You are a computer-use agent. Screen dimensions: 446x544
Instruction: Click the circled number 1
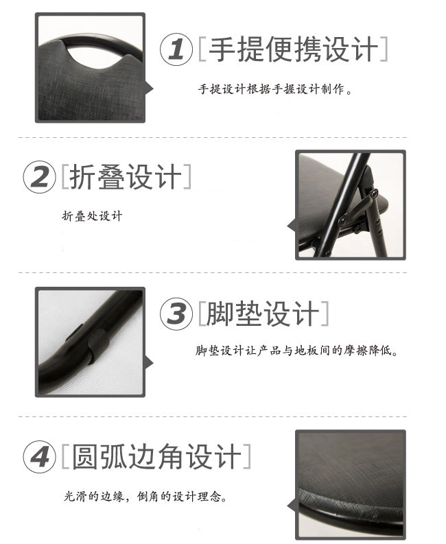coord(176,49)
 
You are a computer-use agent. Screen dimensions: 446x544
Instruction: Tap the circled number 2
coord(39,177)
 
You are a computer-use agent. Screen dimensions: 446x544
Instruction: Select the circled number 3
coord(176,314)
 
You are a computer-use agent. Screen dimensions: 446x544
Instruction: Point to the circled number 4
coord(39,457)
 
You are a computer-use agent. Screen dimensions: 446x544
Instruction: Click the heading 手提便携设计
coord(294,49)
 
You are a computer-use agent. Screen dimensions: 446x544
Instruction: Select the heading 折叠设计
coord(126,176)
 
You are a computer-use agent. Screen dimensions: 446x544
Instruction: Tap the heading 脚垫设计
coord(263,314)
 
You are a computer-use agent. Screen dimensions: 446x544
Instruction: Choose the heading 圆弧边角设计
coord(156,457)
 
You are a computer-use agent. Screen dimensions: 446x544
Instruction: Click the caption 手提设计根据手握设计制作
coord(276,89)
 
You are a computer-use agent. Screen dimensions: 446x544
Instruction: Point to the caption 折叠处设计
coord(93,216)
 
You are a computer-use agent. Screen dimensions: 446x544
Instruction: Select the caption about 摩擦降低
coord(296,351)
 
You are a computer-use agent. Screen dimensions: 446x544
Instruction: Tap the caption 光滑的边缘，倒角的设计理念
coord(145,497)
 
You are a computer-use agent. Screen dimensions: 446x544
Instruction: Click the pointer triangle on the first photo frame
coord(150,88)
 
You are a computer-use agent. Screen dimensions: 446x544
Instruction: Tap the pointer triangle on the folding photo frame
coord(292,226)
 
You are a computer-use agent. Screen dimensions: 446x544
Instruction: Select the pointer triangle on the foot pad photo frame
coord(150,364)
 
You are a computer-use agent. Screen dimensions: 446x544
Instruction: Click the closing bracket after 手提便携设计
coord(384,49)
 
